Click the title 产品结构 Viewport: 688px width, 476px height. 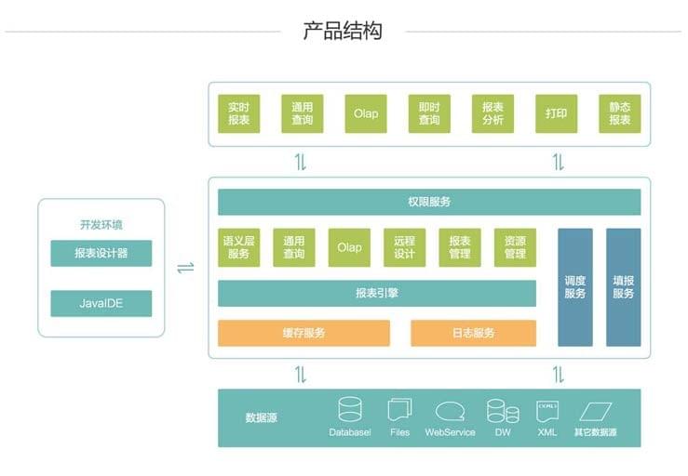coord(343,31)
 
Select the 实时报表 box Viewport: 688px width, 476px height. coord(238,113)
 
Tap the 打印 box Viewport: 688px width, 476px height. coord(557,113)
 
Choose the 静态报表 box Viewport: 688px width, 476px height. coord(619,113)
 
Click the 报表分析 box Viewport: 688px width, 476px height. coord(492,113)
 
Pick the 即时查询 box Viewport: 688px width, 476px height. coord(429,113)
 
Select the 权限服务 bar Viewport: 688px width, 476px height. coord(429,202)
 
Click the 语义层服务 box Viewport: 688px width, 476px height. coord(238,247)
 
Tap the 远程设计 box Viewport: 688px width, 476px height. coord(404,247)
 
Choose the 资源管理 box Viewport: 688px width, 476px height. coord(515,247)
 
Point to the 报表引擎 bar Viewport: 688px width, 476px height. coord(377,293)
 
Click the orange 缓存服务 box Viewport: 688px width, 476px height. coord(304,333)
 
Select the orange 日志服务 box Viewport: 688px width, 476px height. coord(474,333)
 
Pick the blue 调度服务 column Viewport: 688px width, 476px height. coord(574,287)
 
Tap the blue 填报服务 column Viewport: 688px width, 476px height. coord(623,287)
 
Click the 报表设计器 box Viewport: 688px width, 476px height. coord(101,253)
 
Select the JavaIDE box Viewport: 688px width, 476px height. coord(101,303)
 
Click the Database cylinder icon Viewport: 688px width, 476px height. coord(350,409)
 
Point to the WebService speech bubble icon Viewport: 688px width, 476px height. coord(450,412)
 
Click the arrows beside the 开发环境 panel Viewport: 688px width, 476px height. coord(185,268)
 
